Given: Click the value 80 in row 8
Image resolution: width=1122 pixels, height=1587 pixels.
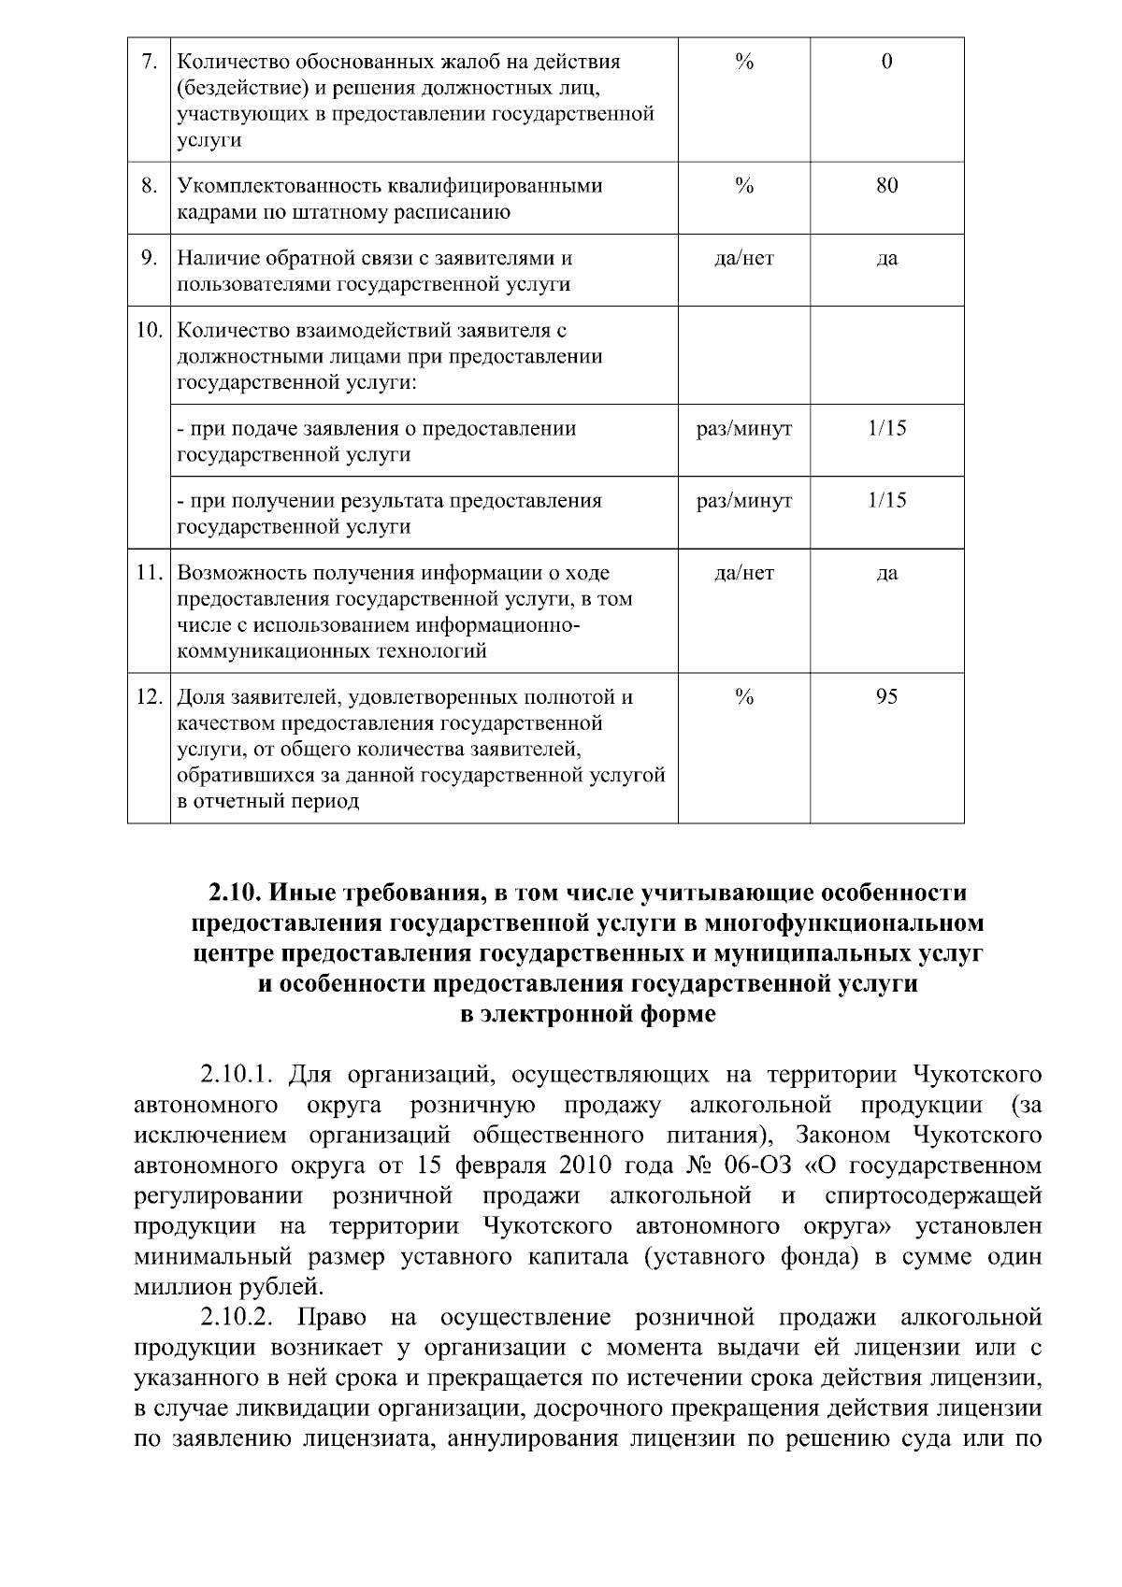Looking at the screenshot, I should pos(886,185).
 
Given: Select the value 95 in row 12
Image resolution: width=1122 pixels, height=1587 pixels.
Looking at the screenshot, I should pos(886,696).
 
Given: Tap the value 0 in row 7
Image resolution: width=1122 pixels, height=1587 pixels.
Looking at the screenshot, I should pos(886,62).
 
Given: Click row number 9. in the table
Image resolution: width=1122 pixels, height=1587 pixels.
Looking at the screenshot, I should pos(150,258).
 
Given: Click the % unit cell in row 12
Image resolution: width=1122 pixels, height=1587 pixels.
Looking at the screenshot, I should pos(744,696).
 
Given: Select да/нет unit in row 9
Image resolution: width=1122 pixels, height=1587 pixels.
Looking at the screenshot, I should pos(744,258).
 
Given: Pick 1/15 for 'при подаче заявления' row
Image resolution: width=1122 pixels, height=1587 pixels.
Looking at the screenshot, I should pos(886,428).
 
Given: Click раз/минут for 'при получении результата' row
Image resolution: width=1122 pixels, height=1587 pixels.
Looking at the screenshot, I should pos(744,500).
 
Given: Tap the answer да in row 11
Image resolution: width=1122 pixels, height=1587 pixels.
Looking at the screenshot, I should pos(886,572).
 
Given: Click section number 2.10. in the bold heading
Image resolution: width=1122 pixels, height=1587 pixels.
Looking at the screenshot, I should pos(237,892).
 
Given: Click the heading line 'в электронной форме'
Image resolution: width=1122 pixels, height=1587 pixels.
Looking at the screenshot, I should pos(588,1014).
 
